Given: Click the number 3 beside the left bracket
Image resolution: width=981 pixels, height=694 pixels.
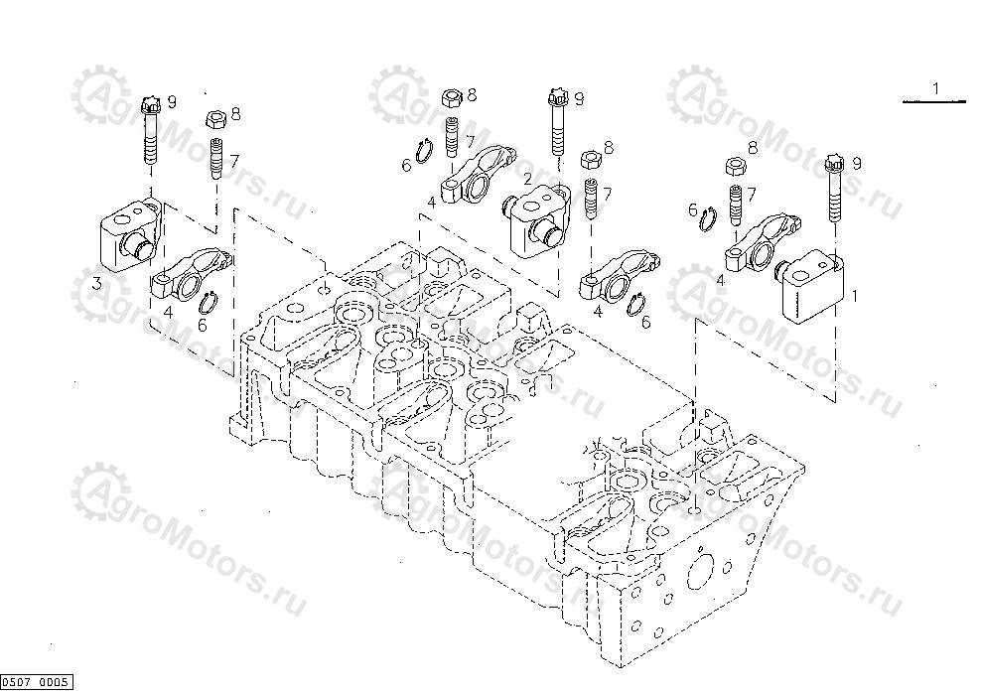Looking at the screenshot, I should (x=96, y=284).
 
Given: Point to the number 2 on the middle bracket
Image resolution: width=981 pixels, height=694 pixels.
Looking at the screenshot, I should (x=528, y=179).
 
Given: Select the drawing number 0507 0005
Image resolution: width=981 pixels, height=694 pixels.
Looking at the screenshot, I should (x=37, y=681).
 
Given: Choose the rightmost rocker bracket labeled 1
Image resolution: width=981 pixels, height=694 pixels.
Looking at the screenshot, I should (x=814, y=279).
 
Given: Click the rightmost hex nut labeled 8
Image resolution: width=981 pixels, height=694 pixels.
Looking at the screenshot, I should (x=736, y=165).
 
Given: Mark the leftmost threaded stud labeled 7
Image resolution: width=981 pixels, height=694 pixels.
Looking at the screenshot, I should (x=213, y=160).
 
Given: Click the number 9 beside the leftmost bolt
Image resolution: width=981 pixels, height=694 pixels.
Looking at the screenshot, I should (x=172, y=101).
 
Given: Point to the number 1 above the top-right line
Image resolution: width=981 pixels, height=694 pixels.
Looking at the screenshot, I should (x=935, y=89).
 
